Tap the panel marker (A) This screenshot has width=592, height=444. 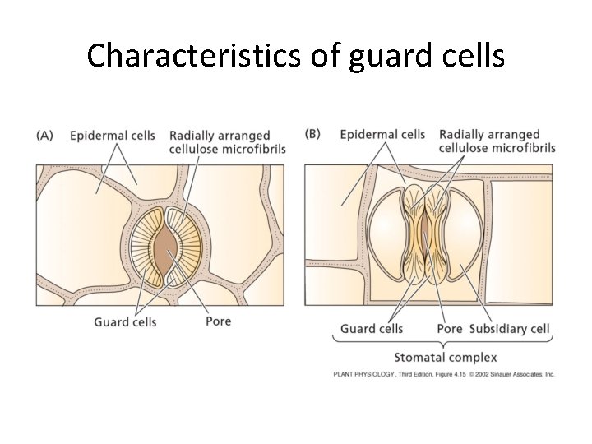(x=46, y=136)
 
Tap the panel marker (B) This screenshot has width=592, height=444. (x=313, y=134)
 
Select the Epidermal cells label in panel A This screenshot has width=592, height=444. (x=113, y=136)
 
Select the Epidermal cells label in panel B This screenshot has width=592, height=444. (x=382, y=134)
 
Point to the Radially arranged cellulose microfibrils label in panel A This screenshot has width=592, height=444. (x=227, y=142)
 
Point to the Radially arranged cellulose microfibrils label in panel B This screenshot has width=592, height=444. (x=497, y=141)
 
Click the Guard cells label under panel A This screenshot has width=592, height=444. (x=125, y=321)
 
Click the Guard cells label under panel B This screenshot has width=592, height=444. (x=372, y=329)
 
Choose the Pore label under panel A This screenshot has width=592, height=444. (x=218, y=321)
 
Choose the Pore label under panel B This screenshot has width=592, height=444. (x=450, y=329)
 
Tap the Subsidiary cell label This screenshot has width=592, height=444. (x=510, y=329)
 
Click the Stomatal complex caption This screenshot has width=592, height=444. (x=445, y=357)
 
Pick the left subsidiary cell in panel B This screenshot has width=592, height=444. (x=387, y=238)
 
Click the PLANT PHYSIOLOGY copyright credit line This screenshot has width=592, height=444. (x=444, y=374)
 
